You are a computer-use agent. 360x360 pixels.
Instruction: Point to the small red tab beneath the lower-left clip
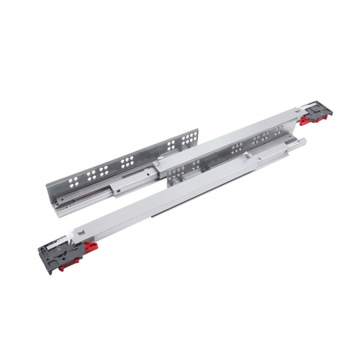click(x=62, y=266)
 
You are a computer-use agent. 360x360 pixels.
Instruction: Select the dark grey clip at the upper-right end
click(x=320, y=112)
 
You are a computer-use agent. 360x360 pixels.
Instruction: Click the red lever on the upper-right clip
click(x=305, y=120)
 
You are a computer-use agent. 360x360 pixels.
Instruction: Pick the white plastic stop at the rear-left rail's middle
click(x=155, y=163)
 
